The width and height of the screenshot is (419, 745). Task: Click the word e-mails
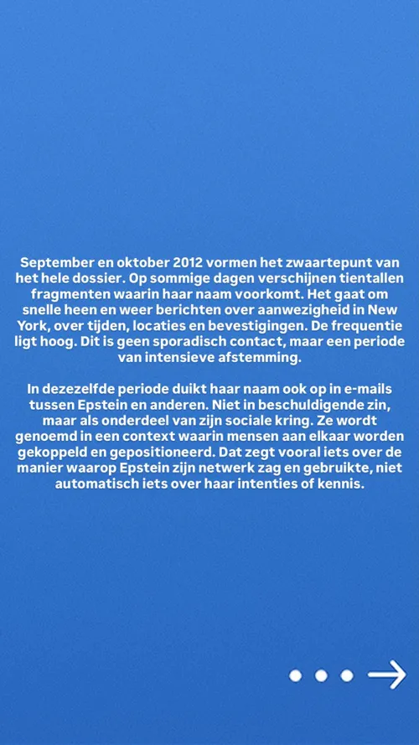point(363,390)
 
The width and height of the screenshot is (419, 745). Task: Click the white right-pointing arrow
point(386,675)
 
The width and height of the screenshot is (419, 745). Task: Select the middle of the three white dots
point(320,675)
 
